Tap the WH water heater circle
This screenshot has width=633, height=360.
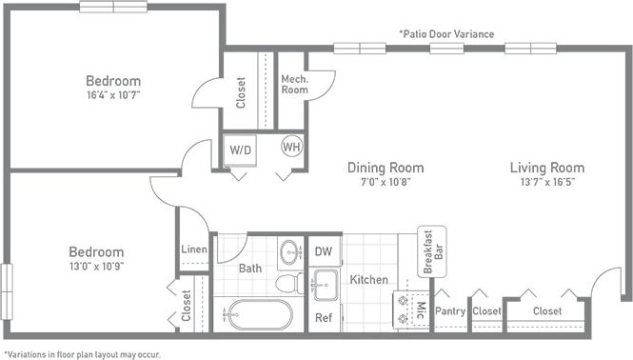tap(291, 148)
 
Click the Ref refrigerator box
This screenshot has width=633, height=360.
tap(323, 317)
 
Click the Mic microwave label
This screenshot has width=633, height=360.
tap(418, 309)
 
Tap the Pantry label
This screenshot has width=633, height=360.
tap(450, 310)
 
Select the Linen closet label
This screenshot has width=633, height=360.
tap(194, 250)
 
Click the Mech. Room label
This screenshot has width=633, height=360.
tap(293, 85)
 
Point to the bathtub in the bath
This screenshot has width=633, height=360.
tap(258, 314)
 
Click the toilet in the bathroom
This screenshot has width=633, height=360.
tap(288, 283)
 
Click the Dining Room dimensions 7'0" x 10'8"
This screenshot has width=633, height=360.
tap(385, 181)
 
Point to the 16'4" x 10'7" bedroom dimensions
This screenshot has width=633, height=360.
tap(112, 94)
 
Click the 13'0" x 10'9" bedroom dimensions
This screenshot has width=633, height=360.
tap(96, 266)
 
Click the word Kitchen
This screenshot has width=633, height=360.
tap(368, 279)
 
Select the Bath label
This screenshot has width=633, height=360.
tap(250, 269)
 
